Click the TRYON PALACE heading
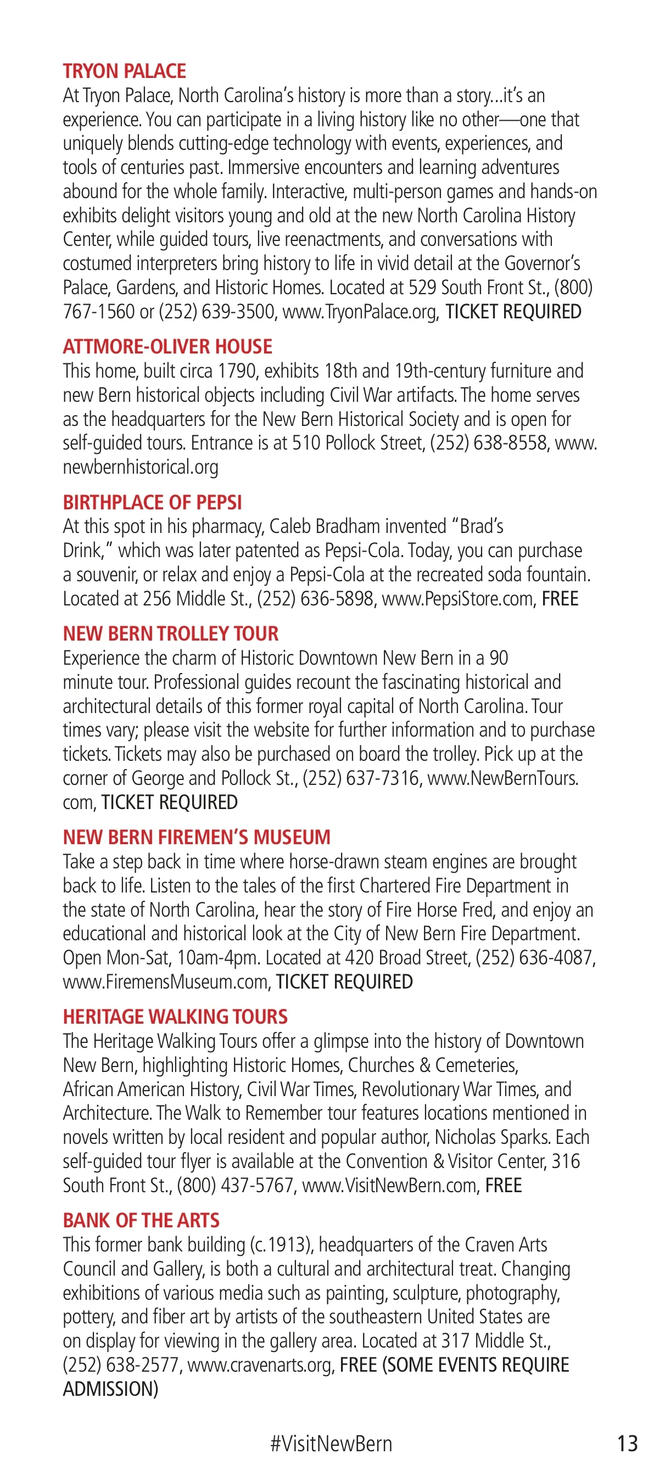point(124,71)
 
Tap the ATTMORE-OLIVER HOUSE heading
point(167,347)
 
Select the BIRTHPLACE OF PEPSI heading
point(152,503)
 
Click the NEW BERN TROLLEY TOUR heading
point(170,634)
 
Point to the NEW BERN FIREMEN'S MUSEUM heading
point(196,838)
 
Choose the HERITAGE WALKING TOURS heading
point(175,1017)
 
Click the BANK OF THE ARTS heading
point(141,1221)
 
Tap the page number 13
point(627,1444)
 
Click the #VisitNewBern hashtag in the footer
point(331,1444)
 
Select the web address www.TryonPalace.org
point(360,312)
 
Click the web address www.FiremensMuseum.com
point(166,982)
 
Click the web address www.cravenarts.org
point(260,1365)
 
